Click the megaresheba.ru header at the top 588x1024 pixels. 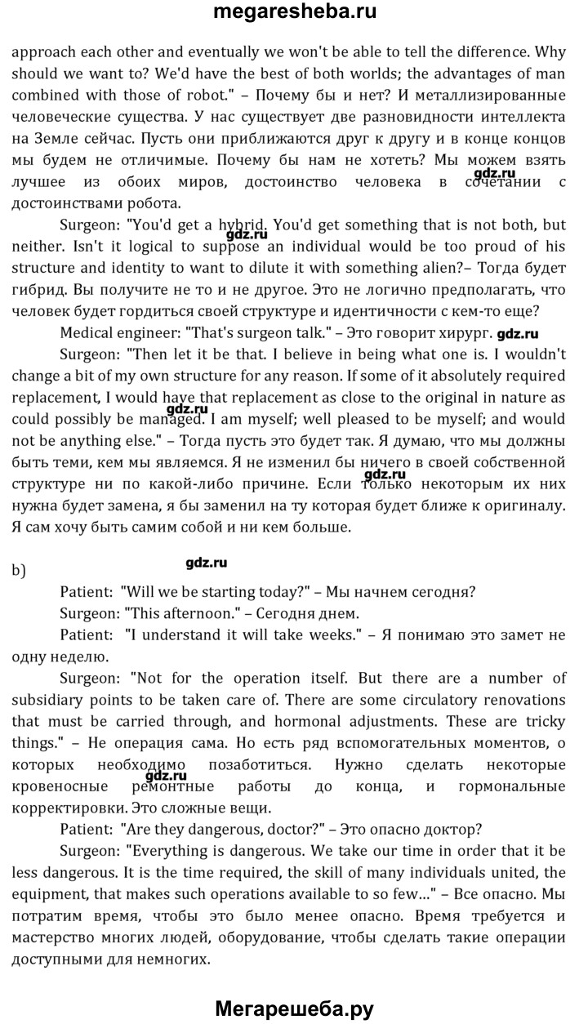tap(294, 12)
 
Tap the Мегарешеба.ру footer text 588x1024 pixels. tap(294, 1008)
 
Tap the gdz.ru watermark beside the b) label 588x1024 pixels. tap(207, 563)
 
